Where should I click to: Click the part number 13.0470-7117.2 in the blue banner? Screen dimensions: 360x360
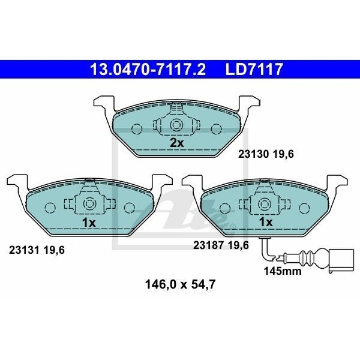pos(148,70)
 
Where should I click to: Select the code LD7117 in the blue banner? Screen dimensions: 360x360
pos(254,70)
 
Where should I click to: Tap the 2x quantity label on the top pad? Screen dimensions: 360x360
pos(177,143)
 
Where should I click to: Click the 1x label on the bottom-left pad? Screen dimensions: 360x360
pos(89,222)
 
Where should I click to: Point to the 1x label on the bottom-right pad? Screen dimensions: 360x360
pos(266,222)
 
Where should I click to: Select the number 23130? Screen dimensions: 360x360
pos(253,154)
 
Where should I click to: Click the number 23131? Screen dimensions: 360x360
pos(24,250)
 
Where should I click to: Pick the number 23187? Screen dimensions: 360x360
pos(208,245)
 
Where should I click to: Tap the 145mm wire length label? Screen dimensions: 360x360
pos(283,271)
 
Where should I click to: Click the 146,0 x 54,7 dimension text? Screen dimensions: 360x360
pos(180,284)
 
